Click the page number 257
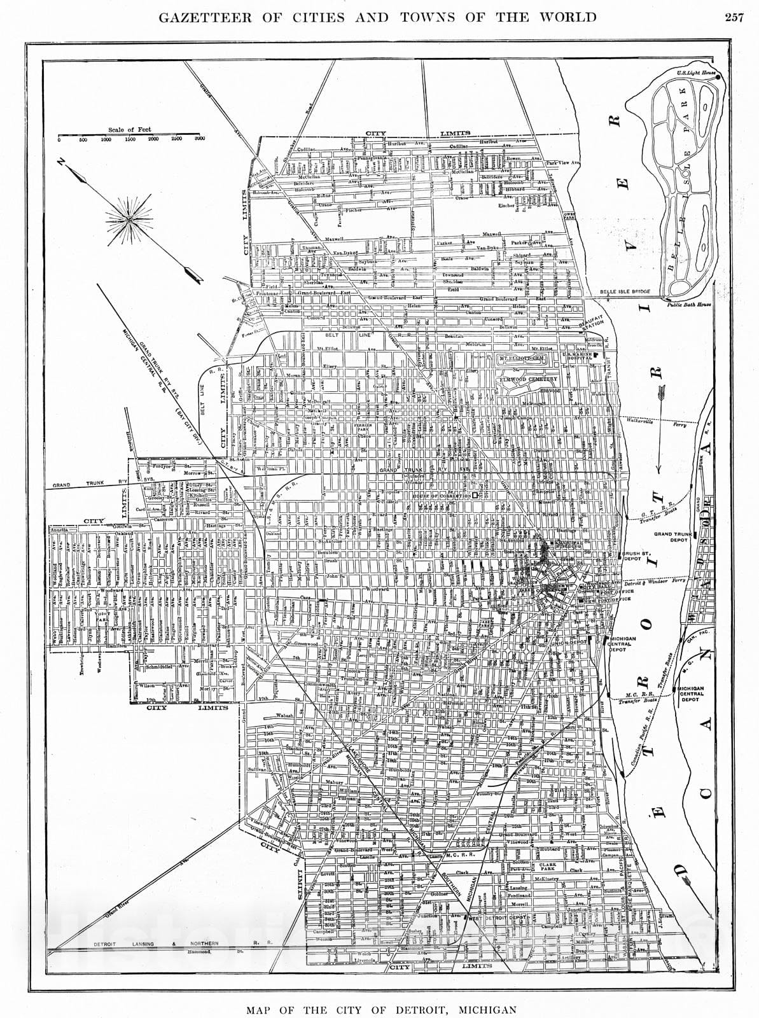tap(734, 18)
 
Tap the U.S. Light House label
tap(696, 74)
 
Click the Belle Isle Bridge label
tap(625, 292)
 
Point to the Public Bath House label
tap(688, 304)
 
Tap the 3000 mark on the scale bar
tap(198, 139)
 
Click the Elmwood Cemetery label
tap(529, 379)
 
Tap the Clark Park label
tap(548, 867)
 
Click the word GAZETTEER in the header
tap(207, 17)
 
